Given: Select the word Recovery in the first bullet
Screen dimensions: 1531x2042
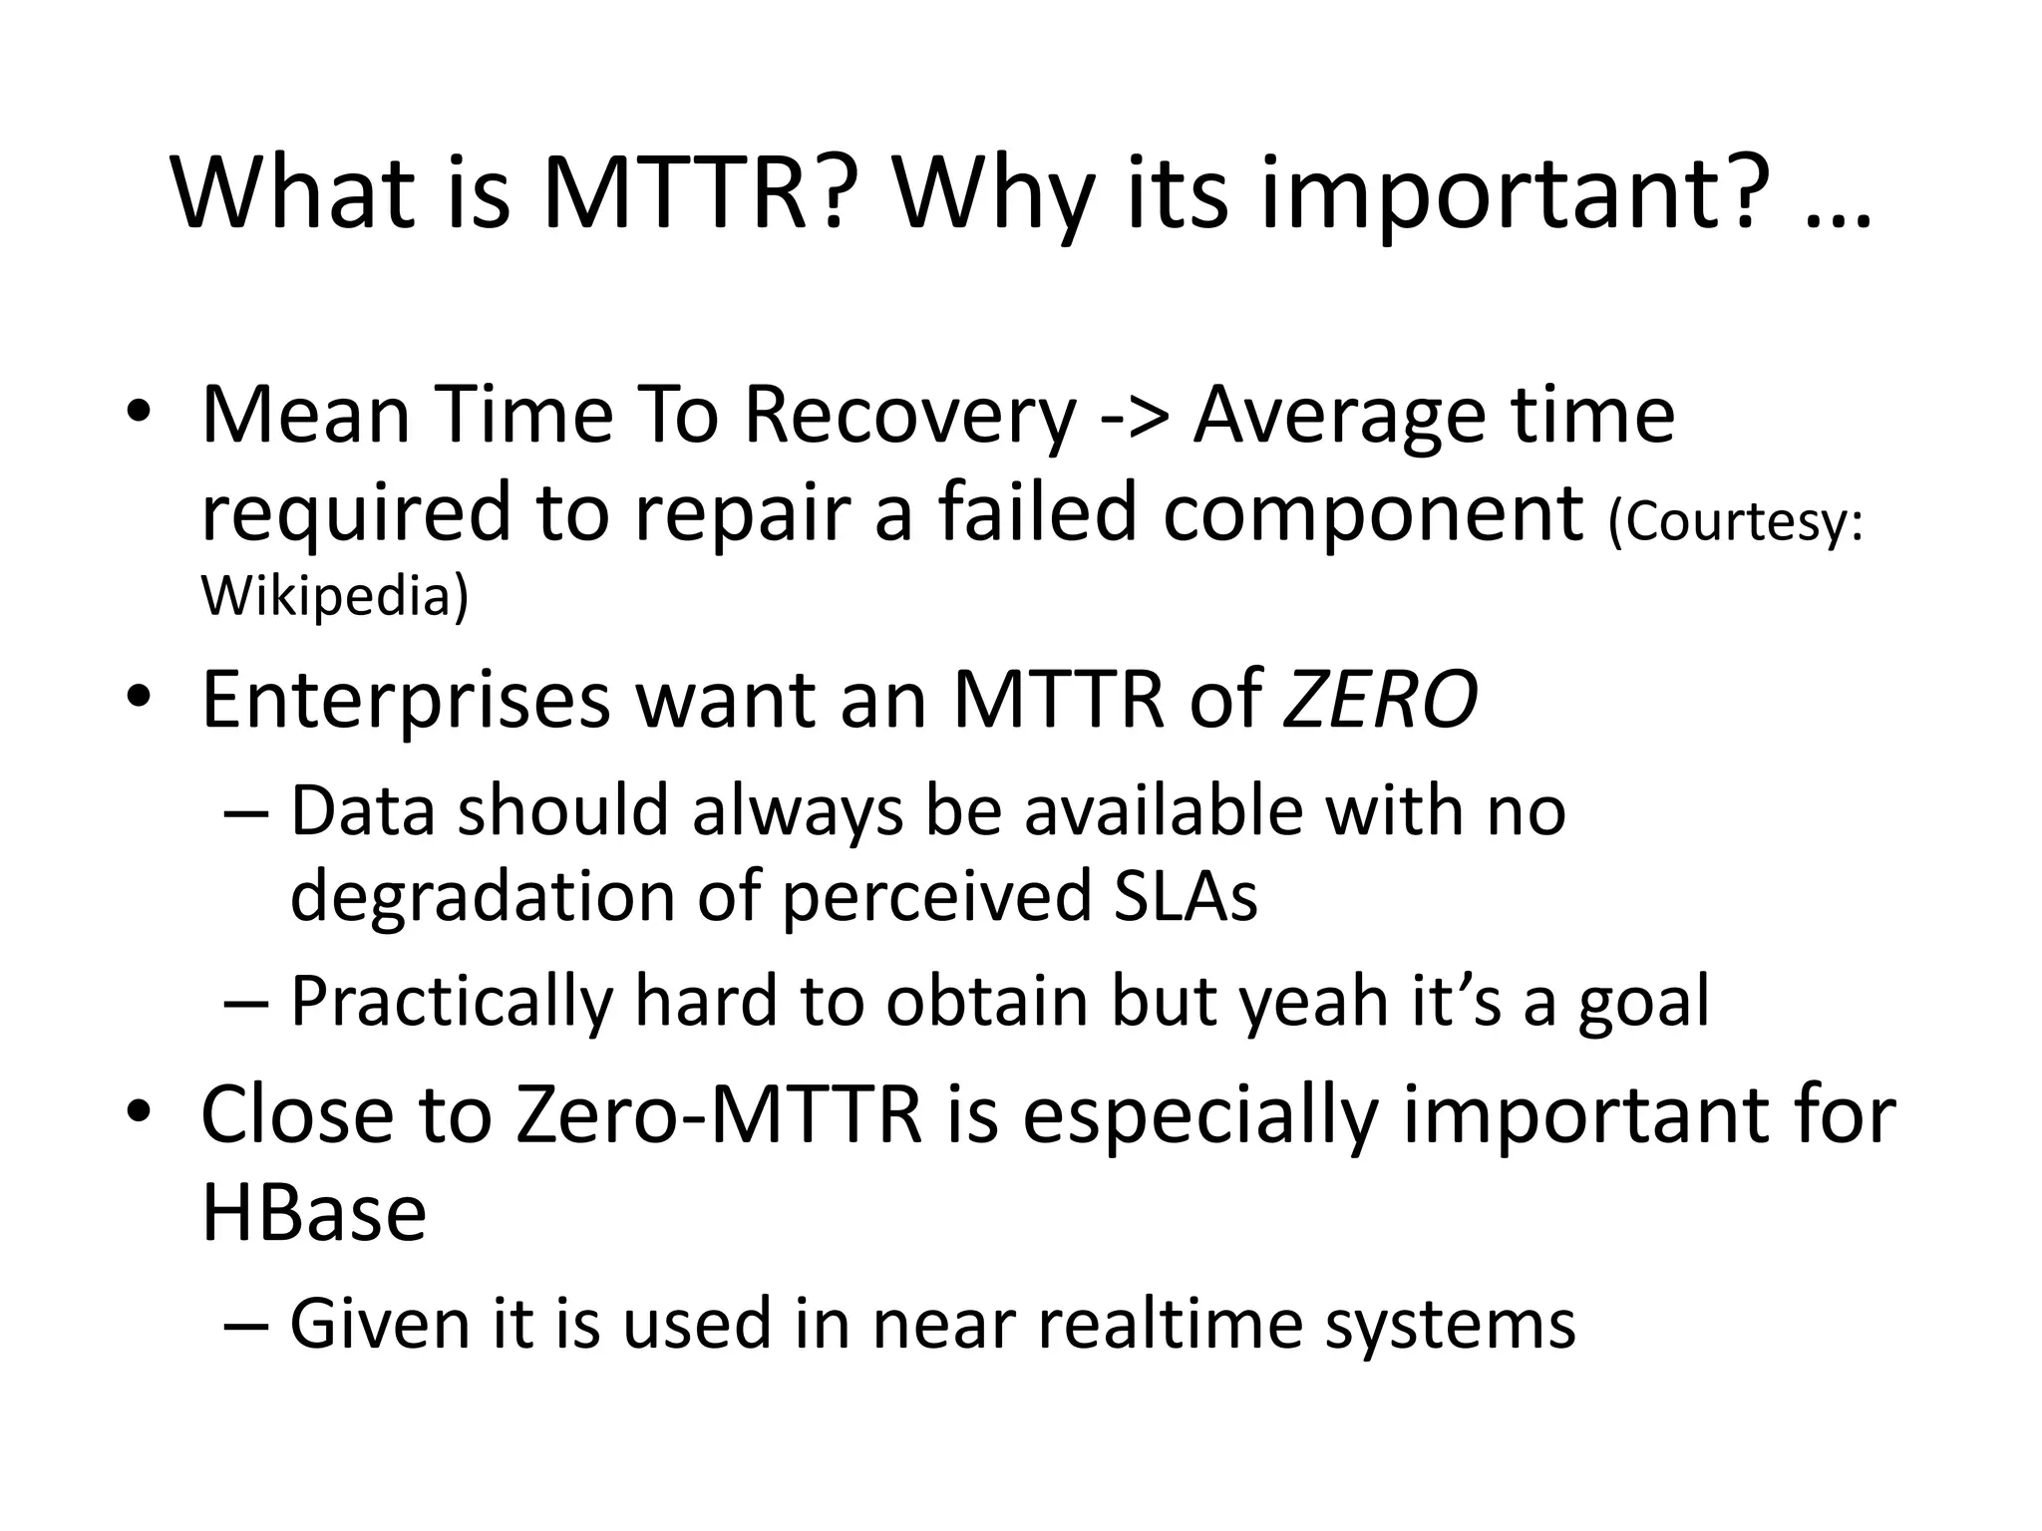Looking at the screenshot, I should tap(909, 416).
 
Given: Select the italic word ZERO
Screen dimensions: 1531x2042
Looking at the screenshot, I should tap(1379, 701).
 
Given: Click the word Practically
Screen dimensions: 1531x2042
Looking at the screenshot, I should tap(451, 1002).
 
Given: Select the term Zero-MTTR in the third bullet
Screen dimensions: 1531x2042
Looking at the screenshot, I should tap(719, 1114).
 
